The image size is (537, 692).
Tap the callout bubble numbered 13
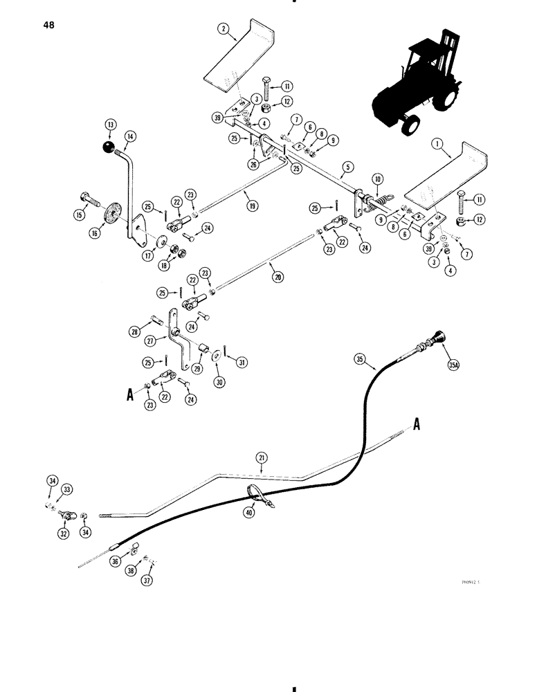coord(109,125)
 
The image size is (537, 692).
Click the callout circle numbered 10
coord(377,179)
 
